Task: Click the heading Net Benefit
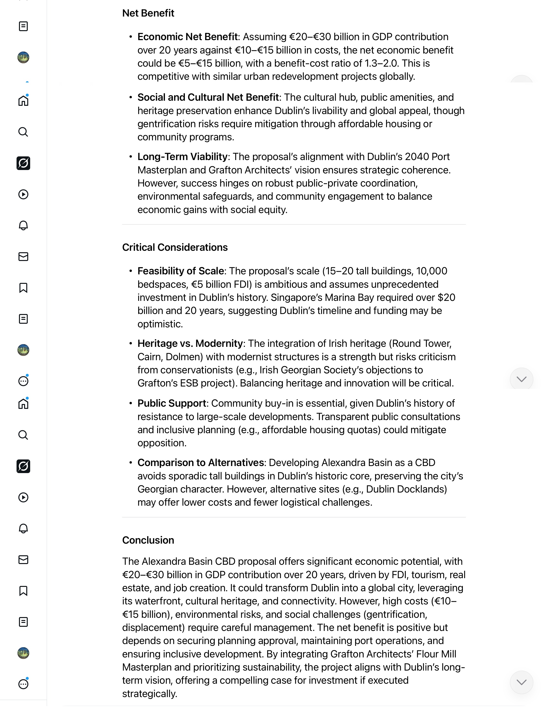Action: [x=148, y=13]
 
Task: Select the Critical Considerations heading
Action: [x=175, y=247]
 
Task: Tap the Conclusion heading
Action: [x=148, y=540]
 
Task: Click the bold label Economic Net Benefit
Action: [x=187, y=37]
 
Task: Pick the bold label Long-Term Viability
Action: [x=182, y=156]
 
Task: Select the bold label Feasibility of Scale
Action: [x=181, y=271]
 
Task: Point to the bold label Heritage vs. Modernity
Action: [x=190, y=343]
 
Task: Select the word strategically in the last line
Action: [x=149, y=693]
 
